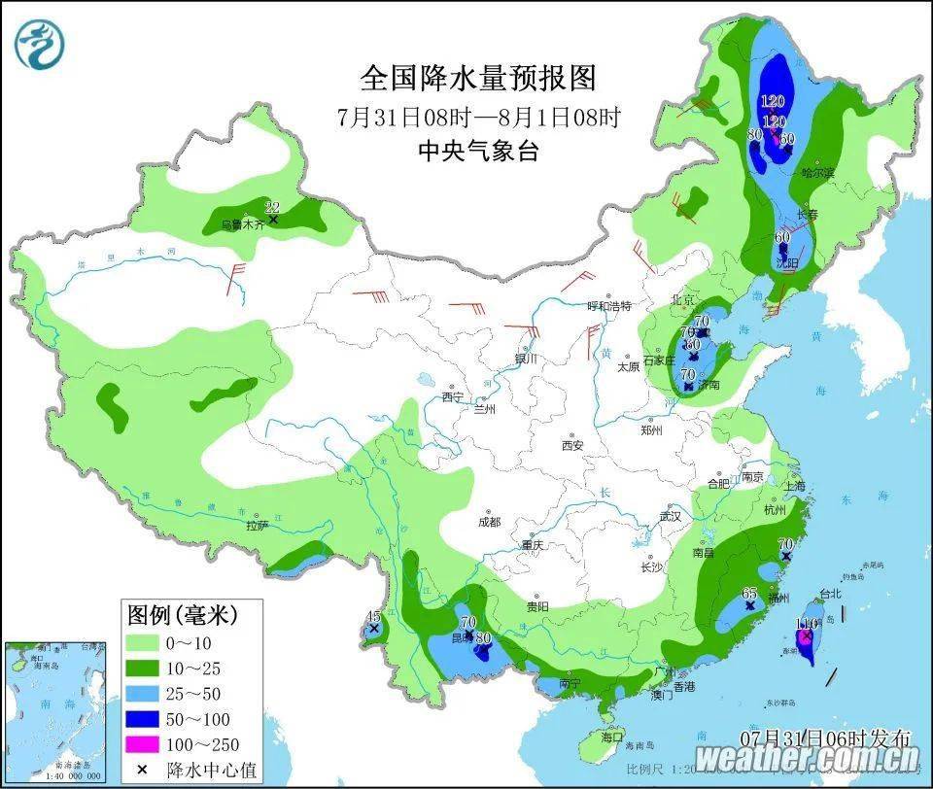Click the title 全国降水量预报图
point(478,78)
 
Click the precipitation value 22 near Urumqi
point(273,206)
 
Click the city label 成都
point(489,522)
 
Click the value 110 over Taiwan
point(807,623)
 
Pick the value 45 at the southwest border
point(373,616)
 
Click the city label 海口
point(612,737)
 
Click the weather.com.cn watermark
point(807,759)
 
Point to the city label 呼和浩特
point(609,306)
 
